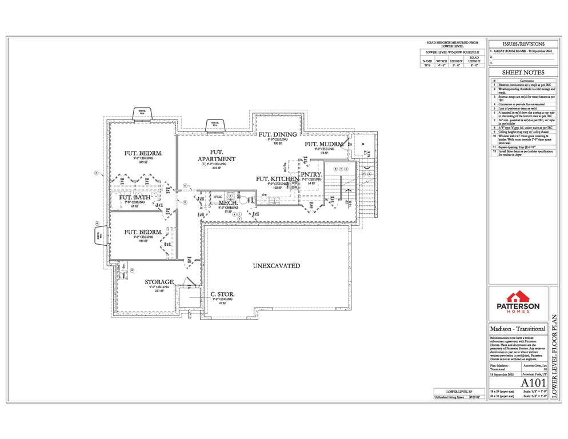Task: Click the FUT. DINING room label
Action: point(277,135)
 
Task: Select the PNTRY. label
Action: point(312,174)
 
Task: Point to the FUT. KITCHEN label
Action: point(277,179)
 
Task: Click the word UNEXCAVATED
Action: point(277,266)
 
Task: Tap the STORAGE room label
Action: point(159,282)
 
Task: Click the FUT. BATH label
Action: point(135,198)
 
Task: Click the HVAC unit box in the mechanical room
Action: point(218,197)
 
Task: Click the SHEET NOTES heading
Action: point(522,73)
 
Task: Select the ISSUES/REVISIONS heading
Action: point(522,44)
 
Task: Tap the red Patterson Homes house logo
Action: point(516,296)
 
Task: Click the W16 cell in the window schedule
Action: point(427,66)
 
